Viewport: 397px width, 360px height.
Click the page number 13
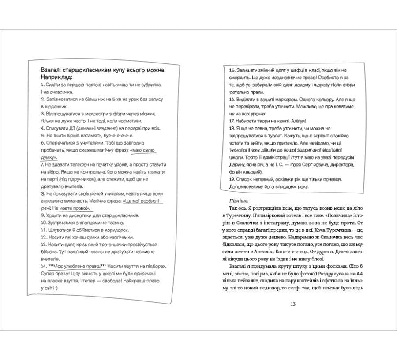(293, 304)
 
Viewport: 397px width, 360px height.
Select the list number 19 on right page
(232, 179)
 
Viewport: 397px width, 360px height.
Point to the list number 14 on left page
(43, 266)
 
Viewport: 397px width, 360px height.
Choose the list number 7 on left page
(42, 164)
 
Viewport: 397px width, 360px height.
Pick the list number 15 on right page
(232, 70)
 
